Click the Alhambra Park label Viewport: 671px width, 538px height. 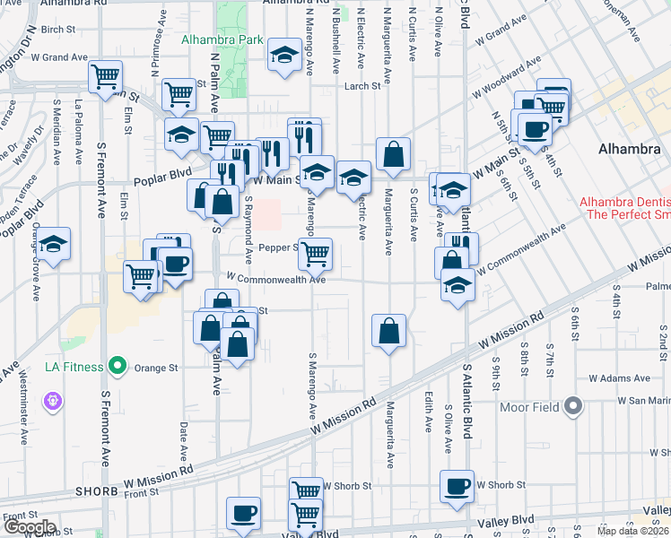click(222, 40)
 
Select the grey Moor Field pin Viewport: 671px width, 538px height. click(574, 408)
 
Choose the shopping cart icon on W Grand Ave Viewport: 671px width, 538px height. click(106, 75)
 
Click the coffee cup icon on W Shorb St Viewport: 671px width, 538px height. click(457, 486)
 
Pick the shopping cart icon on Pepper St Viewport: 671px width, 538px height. click(315, 254)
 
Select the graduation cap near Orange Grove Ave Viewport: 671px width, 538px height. click(54, 244)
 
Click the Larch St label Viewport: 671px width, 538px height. click(363, 86)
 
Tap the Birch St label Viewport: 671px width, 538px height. click(57, 30)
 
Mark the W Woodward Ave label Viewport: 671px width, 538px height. click(508, 76)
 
